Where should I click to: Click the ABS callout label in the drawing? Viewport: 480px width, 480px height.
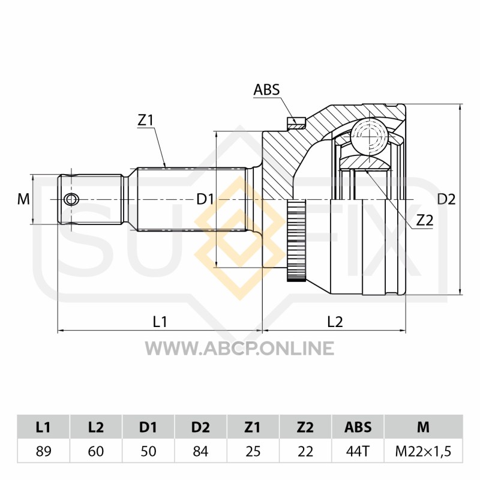266,89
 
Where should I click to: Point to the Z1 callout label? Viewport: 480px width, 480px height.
145,121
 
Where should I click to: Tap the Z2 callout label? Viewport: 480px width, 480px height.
425,220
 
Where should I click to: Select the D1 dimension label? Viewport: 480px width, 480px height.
205,199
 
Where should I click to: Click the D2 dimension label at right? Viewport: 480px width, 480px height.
446,199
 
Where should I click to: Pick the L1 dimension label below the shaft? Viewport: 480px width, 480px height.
160,322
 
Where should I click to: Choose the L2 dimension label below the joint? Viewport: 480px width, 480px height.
335,322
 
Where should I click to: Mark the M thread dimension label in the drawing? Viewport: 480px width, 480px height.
23,199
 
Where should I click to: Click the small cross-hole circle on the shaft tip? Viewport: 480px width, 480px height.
71,200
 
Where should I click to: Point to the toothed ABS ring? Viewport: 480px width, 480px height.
296,241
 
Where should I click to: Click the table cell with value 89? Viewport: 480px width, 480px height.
43,451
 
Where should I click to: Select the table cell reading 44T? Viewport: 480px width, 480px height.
358,451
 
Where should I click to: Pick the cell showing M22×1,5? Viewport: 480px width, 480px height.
424,451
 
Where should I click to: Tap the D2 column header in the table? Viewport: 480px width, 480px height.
200,427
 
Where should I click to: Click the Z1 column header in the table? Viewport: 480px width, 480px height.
253,427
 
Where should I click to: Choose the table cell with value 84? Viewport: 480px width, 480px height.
200,451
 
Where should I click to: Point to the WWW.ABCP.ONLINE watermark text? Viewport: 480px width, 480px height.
239,349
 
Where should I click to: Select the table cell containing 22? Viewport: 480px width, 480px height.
305,451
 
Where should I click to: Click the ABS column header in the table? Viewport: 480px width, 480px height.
358,427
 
